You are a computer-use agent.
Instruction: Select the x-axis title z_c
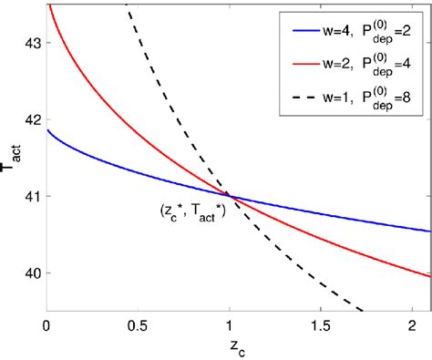pyautogui.click(x=238, y=347)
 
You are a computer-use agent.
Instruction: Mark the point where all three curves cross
pyautogui.click(x=229, y=196)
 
